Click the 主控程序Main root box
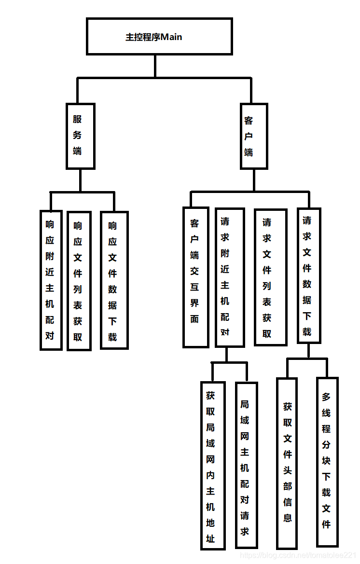(x=159, y=37)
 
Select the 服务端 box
(x=80, y=136)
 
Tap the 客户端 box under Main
(x=254, y=136)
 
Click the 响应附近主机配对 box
(x=50, y=280)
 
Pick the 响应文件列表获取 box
(x=78, y=281)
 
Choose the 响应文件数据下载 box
(x=114, y=280)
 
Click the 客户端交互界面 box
(x=195, y=277)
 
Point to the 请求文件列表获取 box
(x=270, y=277)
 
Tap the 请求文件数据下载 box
(x=308, y=275)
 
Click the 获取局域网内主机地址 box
(x=212, y=466)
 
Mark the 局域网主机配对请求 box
(x=246, y=465)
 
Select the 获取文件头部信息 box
(x=287, y=462)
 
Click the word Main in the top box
(x=171, y=37)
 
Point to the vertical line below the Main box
(x=155, y=66)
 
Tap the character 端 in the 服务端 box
(x=77, y=151)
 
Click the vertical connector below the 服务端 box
(x=80, y=180)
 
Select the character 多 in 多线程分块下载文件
(x=327, y=397)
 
